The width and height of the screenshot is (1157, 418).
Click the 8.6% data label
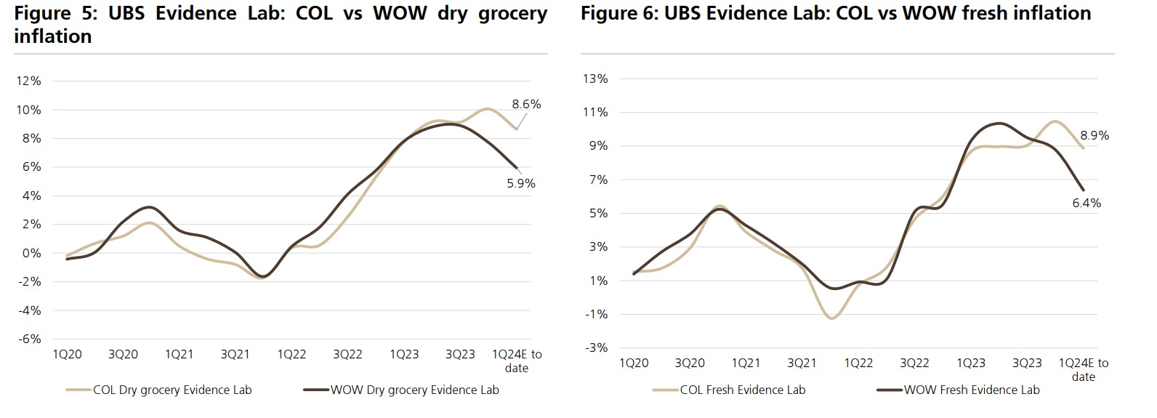point(526,104)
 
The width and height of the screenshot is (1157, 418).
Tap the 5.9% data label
point(521,183)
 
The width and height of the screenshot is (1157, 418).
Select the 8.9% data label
point(1094,135)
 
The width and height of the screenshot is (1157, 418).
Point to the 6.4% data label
point(1087,203)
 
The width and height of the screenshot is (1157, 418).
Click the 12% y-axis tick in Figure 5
point(29,81)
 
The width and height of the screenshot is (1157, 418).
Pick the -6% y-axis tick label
point(29,339)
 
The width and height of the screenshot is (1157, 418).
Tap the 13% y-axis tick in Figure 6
point(595,79)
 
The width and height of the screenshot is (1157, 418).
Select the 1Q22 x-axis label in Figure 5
point(291,355)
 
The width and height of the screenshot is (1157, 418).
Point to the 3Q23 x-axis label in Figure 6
point(1027,363)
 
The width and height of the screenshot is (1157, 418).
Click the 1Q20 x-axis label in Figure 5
point(67,355)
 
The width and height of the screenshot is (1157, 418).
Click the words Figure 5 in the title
point(52,13)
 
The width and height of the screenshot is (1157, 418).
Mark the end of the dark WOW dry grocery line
point(516,169)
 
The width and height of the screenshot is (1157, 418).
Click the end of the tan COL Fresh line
point(1084,148)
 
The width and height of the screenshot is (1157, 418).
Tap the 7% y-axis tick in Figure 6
point(598,180)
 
